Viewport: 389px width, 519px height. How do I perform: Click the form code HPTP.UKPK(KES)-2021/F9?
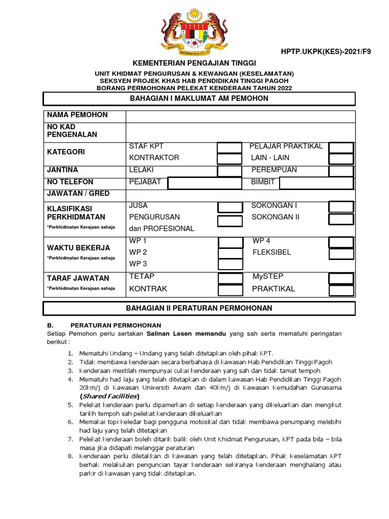click(x=326, y=51)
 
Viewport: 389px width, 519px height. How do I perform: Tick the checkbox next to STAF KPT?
click(x=229, y=147)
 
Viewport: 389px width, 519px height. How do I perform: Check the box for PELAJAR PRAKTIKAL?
click(x=341, y=147)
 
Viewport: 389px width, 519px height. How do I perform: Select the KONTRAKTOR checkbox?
click(x=229, y=159)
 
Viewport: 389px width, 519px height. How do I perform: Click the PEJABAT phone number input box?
click(x=205, y=183)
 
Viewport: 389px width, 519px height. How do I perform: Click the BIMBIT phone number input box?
click(x=316, y=183)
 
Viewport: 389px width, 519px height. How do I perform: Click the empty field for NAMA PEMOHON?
click(x=241, y=116)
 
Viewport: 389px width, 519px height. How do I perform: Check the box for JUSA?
click(x=230, y=207)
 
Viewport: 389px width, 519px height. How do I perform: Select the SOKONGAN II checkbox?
click(x=341, y=219)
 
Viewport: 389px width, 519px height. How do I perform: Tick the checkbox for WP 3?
click(x=231, y=265)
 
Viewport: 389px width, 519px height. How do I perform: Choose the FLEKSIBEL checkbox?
click(x=341, y=254)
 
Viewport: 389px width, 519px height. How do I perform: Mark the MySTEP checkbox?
click(x=341, y=278)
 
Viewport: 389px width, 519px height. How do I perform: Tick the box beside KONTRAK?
click(x=230, y=290)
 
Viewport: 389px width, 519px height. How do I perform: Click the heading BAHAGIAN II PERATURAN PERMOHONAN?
click(x=199, y=308)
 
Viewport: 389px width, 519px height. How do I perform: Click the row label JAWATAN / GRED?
click(x=78, y=194)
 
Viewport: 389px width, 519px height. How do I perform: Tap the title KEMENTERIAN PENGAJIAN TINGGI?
click(x=194, y=63)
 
